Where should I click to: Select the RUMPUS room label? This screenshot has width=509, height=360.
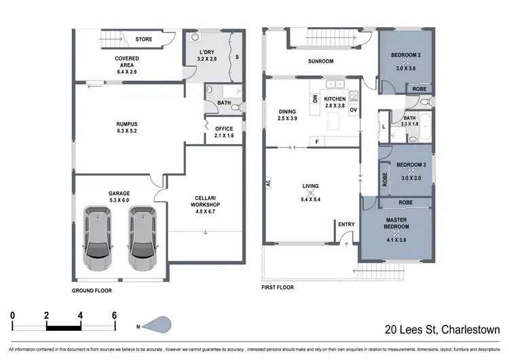pyautogui.click(x=128, y=124)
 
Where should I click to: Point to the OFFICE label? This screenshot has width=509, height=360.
pyautogui.click(x=224, y=128)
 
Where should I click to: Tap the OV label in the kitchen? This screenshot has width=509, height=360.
pyautogui.click(x=354, y=110)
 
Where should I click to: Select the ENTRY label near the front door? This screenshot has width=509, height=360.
pyautogui.click(x=345, y=224)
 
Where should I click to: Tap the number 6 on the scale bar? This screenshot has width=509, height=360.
pyautogui.click(x=115, y=316)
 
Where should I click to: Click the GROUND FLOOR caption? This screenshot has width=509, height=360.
pyautogui.click(x=92, y=290)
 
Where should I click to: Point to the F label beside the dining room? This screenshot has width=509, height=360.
pyautogui.click(x=318, y=142)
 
